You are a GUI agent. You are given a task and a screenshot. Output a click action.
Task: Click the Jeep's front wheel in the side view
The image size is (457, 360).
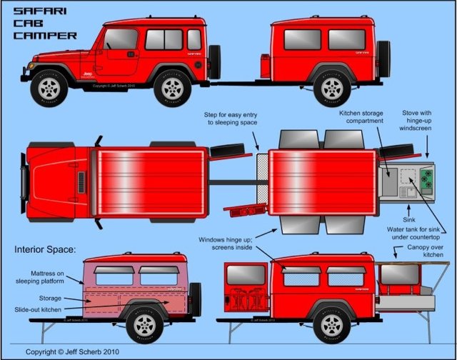pos(49,87)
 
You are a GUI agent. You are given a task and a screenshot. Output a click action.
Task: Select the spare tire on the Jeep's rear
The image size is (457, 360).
pos(214,62)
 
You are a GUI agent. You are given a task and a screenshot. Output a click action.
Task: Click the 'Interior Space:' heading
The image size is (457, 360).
pos(48,251)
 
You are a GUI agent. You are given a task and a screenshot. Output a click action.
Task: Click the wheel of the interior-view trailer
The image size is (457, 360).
pos(144,326)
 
